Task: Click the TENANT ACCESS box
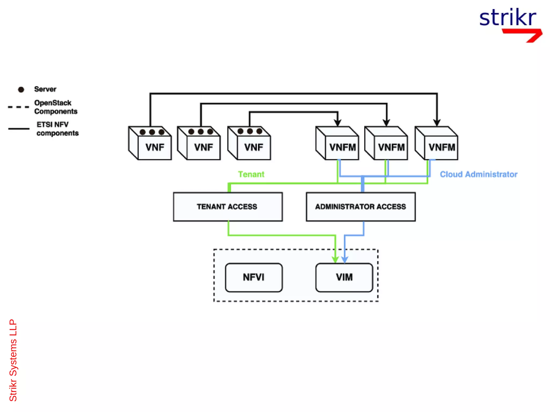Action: click(x=228, y=207)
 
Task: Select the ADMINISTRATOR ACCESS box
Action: click(x=360, y=207)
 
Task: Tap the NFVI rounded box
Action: click(x=254, y=277)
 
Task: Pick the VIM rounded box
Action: click(x=344, y=277)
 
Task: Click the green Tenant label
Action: click(x=251, y=174)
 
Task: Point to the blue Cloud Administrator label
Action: click(x=478, y=174)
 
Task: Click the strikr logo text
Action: click(x=507, y=18)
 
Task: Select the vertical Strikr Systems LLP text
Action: click(x=13, y=360)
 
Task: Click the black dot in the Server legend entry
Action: click(x=21, y=90)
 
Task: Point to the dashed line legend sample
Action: click(x=18, y=107)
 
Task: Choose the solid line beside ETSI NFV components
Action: click(x=19, y=129)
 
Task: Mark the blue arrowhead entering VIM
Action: click(x=345, y=259)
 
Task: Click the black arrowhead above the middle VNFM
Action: click(x=386, y=123)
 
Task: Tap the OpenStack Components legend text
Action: click(x=56, y=107)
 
